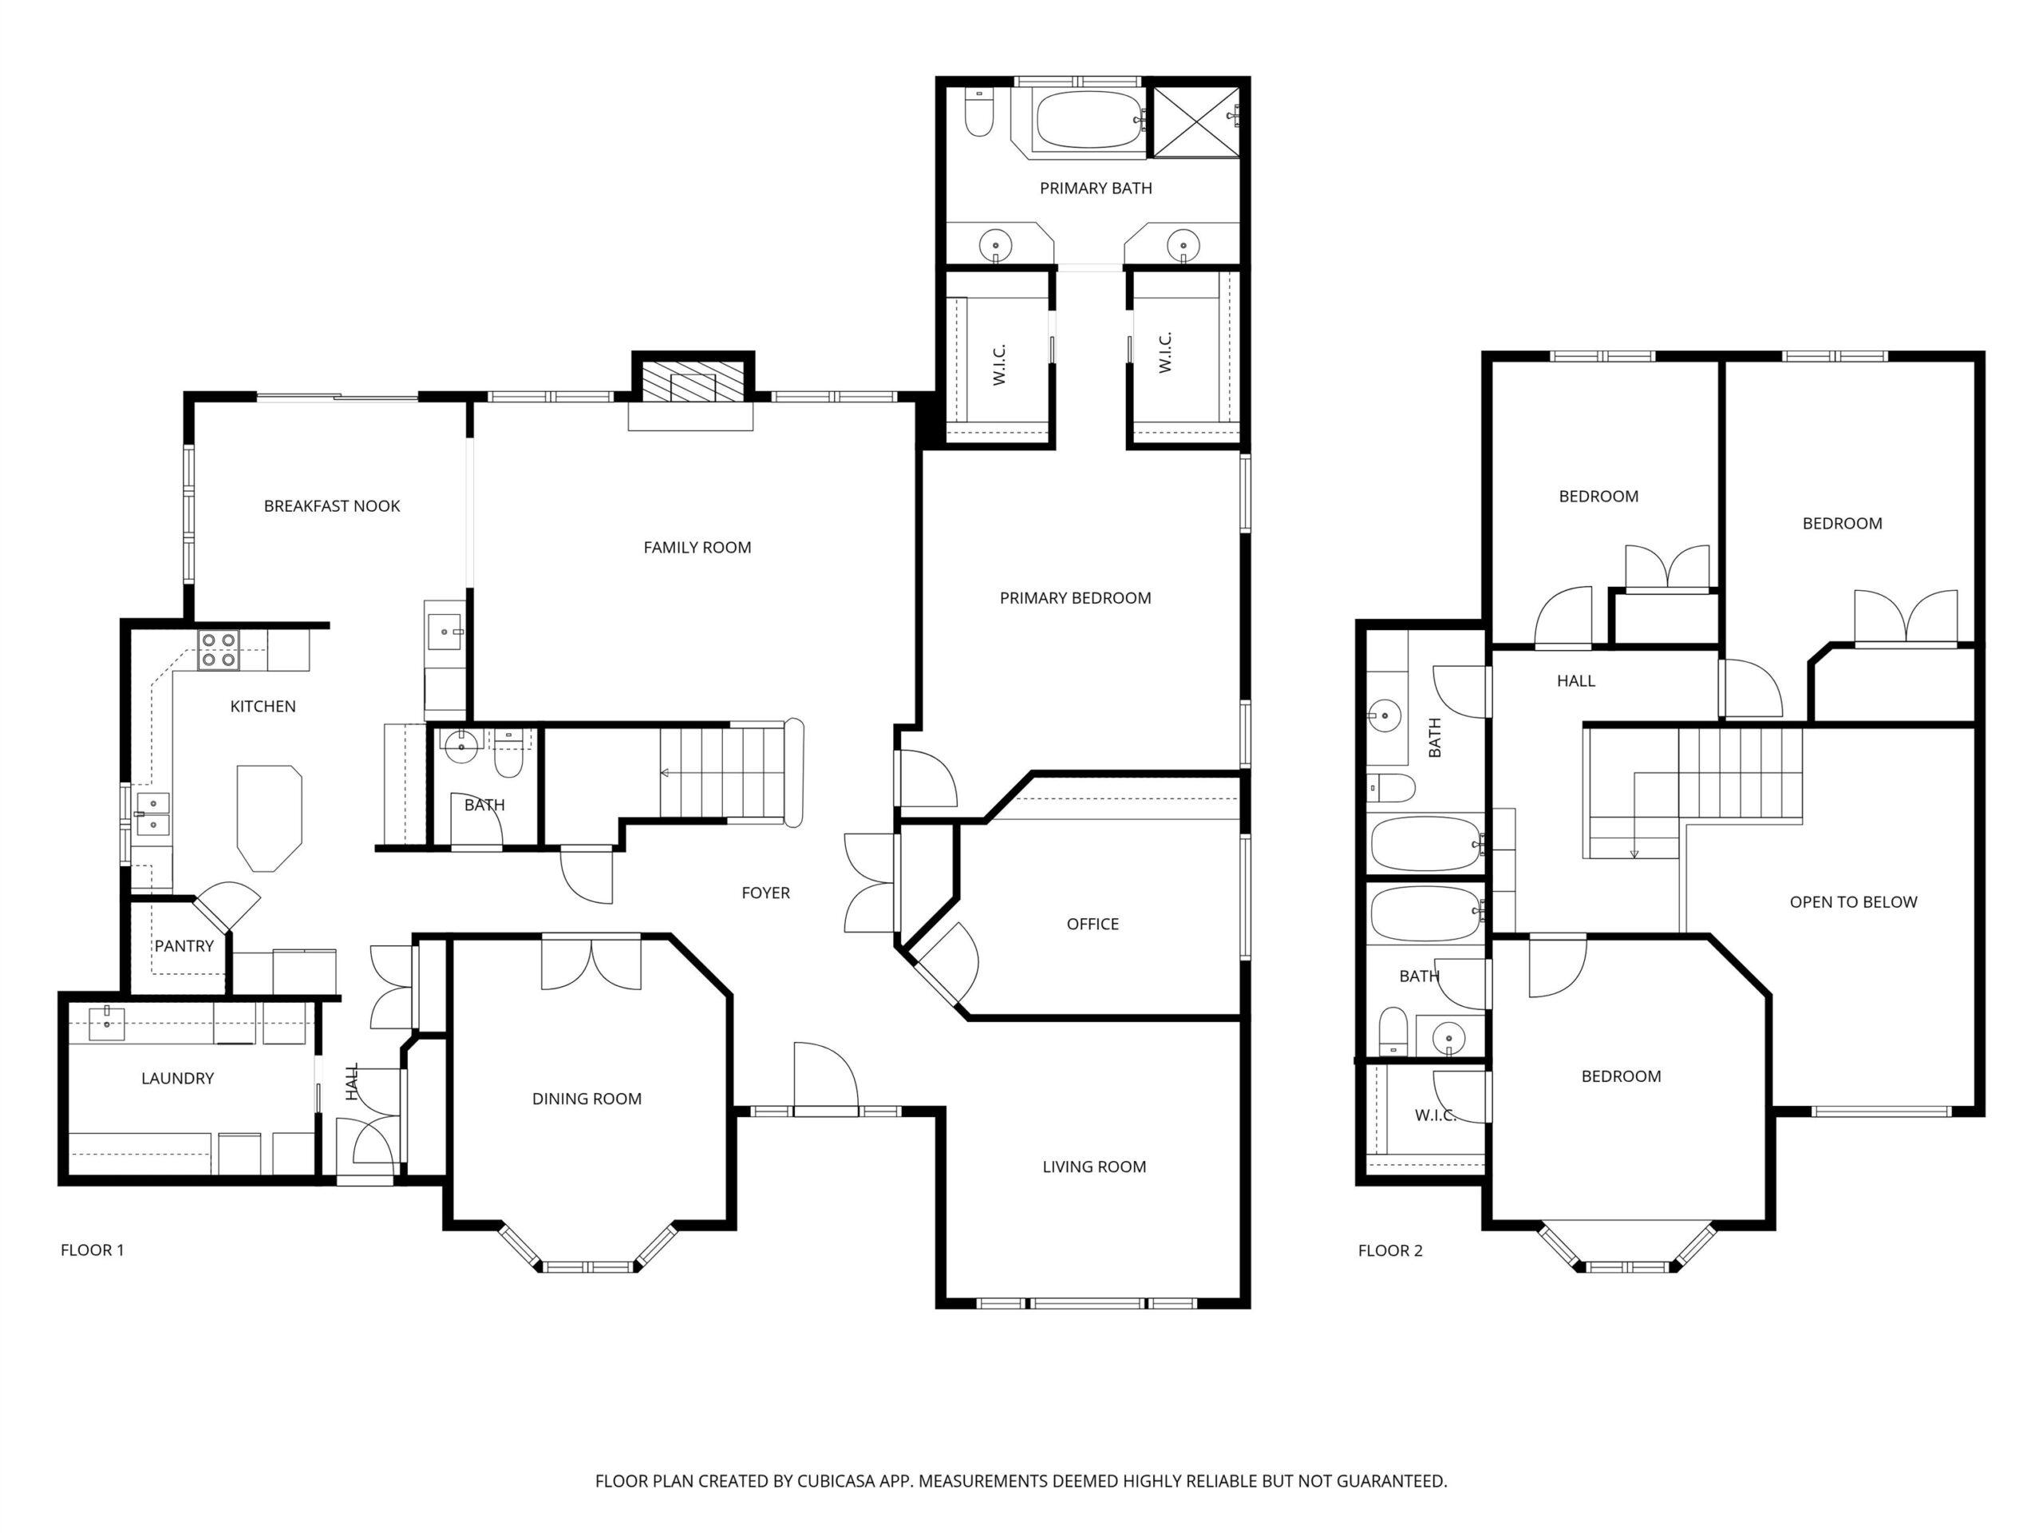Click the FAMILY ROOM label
point(697,547)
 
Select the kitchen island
point(269,818)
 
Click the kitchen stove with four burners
point(218,648)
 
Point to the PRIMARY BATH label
point(1096,188)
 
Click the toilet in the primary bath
point(978,113)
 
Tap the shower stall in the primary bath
point(1196,122)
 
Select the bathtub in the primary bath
point(1089,119)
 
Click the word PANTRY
point(184,946)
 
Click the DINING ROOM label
point(587,1099)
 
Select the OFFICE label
point(1093,924)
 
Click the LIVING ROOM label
point(1094,1167)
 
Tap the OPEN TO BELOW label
point(1853,902)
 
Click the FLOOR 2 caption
point(1390,1250)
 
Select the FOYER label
point(765,893)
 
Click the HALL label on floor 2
point(1575,681)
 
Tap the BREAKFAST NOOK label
point(331,506)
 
